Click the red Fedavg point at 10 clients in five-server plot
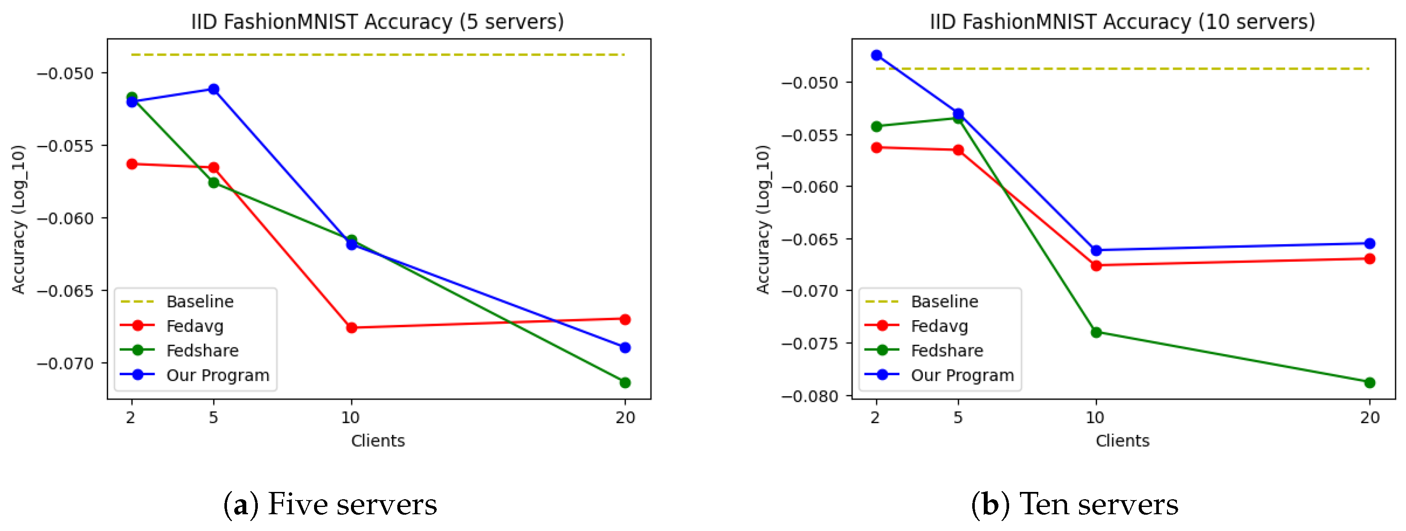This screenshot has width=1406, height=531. (x=351, y=328)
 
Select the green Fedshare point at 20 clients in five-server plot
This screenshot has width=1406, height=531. (x=625, y=382)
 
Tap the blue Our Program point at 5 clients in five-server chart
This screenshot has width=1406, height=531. (x=213, y=89)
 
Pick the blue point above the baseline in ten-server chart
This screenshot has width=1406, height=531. (x=877, y=55)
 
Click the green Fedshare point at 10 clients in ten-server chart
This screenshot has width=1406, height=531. (x=1096, y=332)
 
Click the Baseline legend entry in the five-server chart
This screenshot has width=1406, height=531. (x=200, y=301)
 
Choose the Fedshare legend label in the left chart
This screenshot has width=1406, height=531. (x=203, y=351)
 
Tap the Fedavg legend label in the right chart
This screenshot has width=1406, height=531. (x=939, y=326)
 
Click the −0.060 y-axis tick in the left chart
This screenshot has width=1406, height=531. (x=65, y=218)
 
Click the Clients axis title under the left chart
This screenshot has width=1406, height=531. (x=378, y=441)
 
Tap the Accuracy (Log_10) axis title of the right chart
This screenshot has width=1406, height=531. (x=763, y=218)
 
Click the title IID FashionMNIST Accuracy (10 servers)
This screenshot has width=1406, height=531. (x=1122, y=22)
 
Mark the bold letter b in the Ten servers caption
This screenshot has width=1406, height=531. (x=990, y=505)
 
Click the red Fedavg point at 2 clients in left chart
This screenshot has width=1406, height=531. (x=132, y=164)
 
